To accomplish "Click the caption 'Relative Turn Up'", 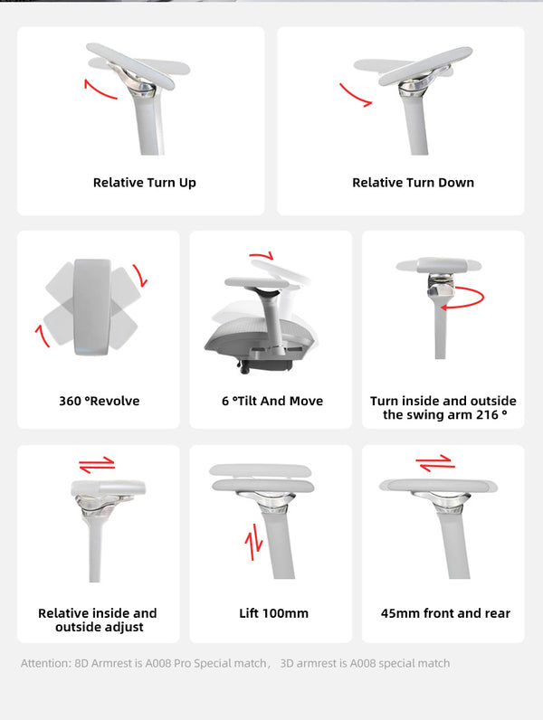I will [x=144, y=183].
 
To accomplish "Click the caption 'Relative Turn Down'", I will [x=413, y=183].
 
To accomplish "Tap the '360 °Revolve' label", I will [x=100, y=401].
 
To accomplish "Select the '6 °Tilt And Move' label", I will [x=271, y=401].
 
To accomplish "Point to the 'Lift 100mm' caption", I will [x=273, y=613].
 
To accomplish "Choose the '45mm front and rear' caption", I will [x=445, y=613].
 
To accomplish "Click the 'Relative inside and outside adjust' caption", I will [x=98, y=620].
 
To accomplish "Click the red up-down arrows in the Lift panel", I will [x=254, y=542].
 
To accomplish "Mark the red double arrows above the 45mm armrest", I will [x=435, y=463].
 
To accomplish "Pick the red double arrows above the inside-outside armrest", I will [x=97, y=464].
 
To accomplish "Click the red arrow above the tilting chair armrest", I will [x=262, y=257].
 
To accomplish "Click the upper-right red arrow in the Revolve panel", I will [x=138, y=275].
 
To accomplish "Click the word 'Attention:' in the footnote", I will [x=45, y=663].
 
